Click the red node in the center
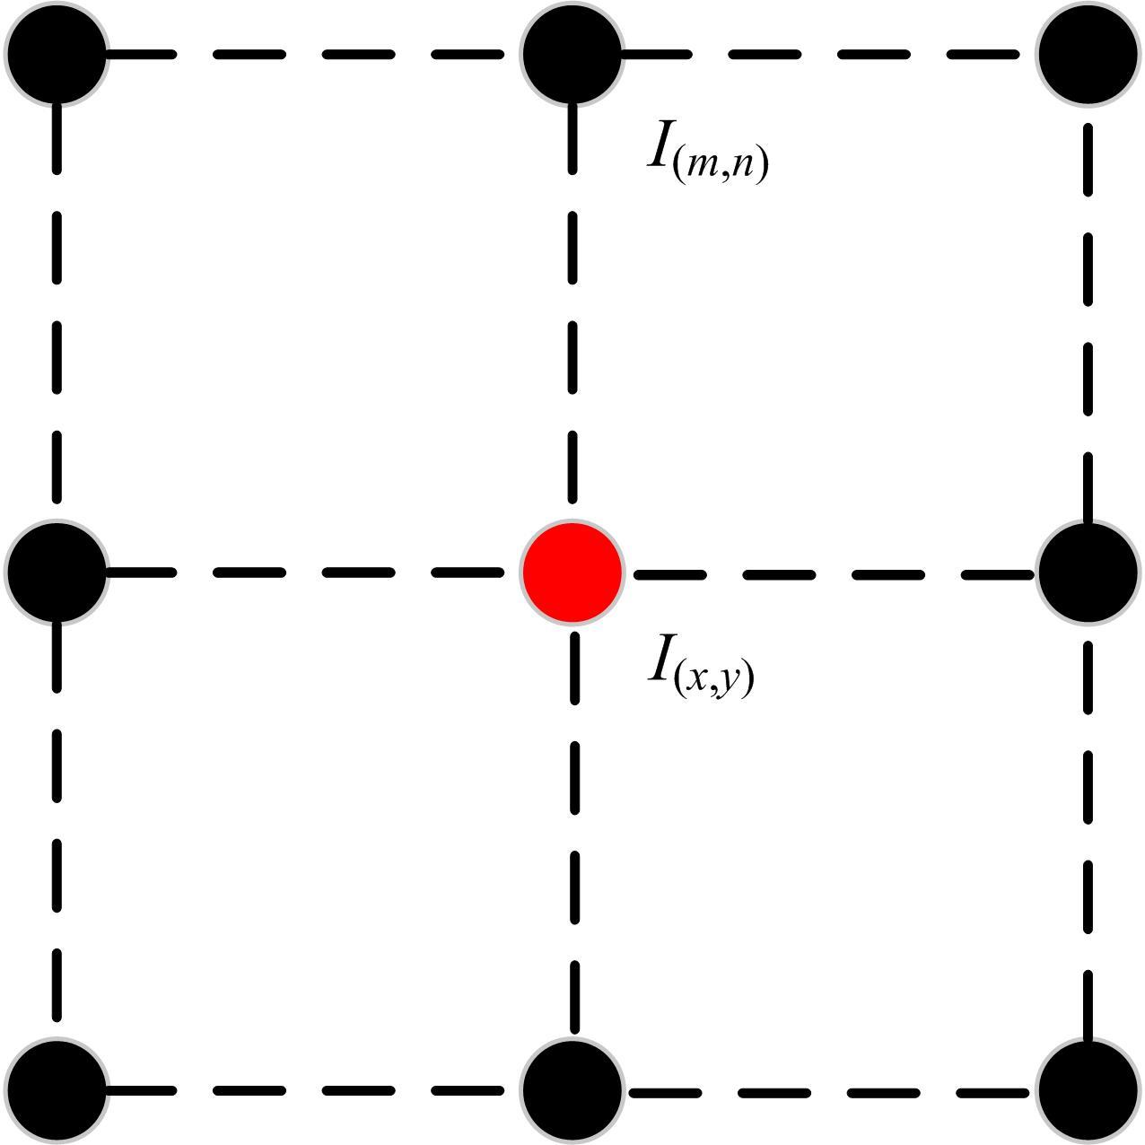572,572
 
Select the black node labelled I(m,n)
572,54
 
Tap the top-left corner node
57,54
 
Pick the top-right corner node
1088,54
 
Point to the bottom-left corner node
57,1090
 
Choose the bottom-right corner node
1088,1090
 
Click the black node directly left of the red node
57,572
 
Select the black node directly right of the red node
1088,572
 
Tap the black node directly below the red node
572,1090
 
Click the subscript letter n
743,167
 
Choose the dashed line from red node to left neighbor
359,572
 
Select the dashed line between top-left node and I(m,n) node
359,54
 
